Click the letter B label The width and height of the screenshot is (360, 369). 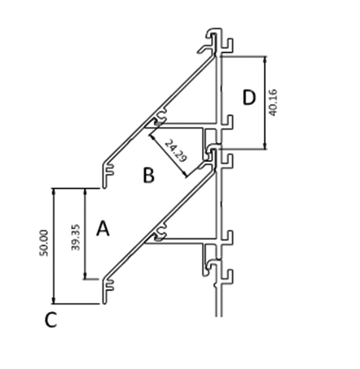(x=149, y=176)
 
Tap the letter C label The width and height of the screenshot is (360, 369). (x=51, y=320)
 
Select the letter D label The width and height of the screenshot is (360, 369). (x=249, y=98)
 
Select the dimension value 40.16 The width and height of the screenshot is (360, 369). (x=273, y=103)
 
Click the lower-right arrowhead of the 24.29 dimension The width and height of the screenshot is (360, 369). (x=184, y=174)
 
